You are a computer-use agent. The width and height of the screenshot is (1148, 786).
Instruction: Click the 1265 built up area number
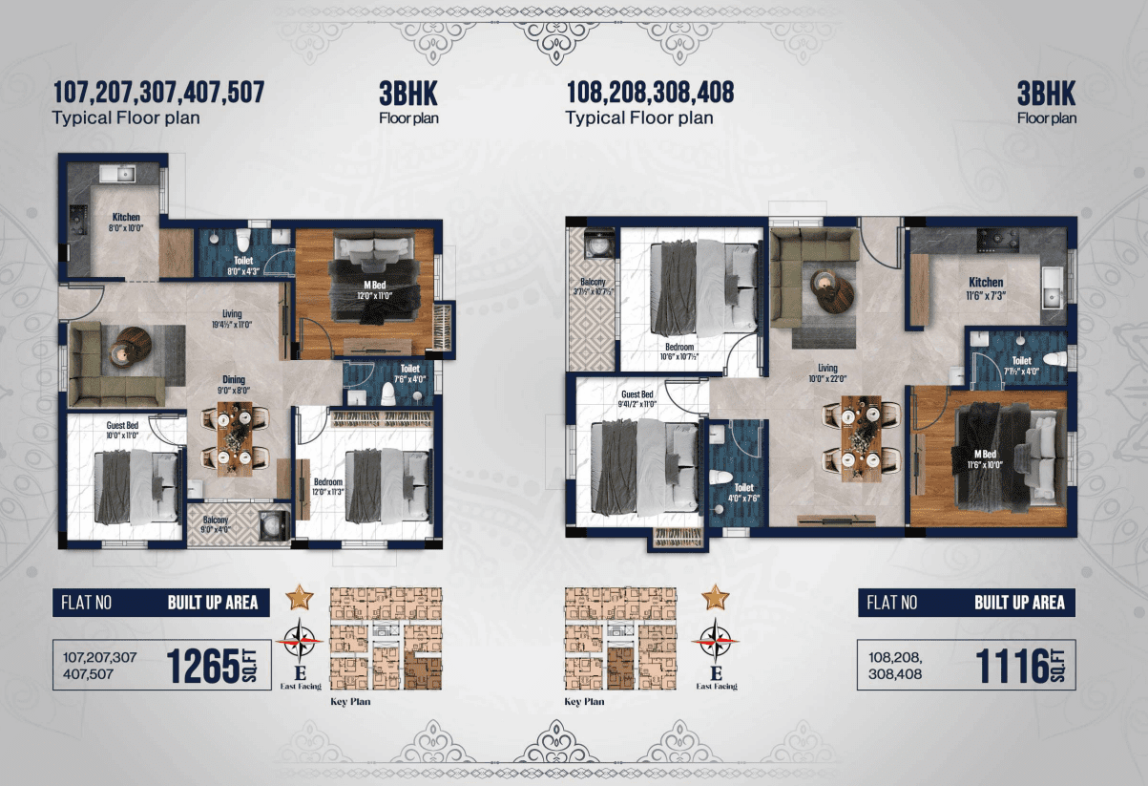coord(203,666)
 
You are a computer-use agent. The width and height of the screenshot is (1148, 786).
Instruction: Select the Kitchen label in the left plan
coord(126,217)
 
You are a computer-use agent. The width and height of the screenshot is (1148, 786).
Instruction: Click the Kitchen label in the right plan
coord(986,282)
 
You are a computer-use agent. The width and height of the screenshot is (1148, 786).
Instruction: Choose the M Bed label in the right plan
coord(985,454)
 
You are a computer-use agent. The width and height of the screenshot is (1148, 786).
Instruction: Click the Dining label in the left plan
coord(234,379)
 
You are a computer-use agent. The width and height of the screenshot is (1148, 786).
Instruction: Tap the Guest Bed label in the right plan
coord(637,394)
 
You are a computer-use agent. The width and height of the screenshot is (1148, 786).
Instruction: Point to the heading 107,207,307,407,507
coord(158,93)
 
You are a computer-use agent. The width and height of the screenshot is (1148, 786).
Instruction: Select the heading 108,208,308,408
coord(650,93)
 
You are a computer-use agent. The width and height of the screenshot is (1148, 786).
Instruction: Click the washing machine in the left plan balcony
coord(269,523)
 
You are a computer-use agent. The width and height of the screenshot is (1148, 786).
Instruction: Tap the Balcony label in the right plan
coord(594,283)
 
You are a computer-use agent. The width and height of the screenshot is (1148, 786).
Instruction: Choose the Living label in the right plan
coord(826,368)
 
